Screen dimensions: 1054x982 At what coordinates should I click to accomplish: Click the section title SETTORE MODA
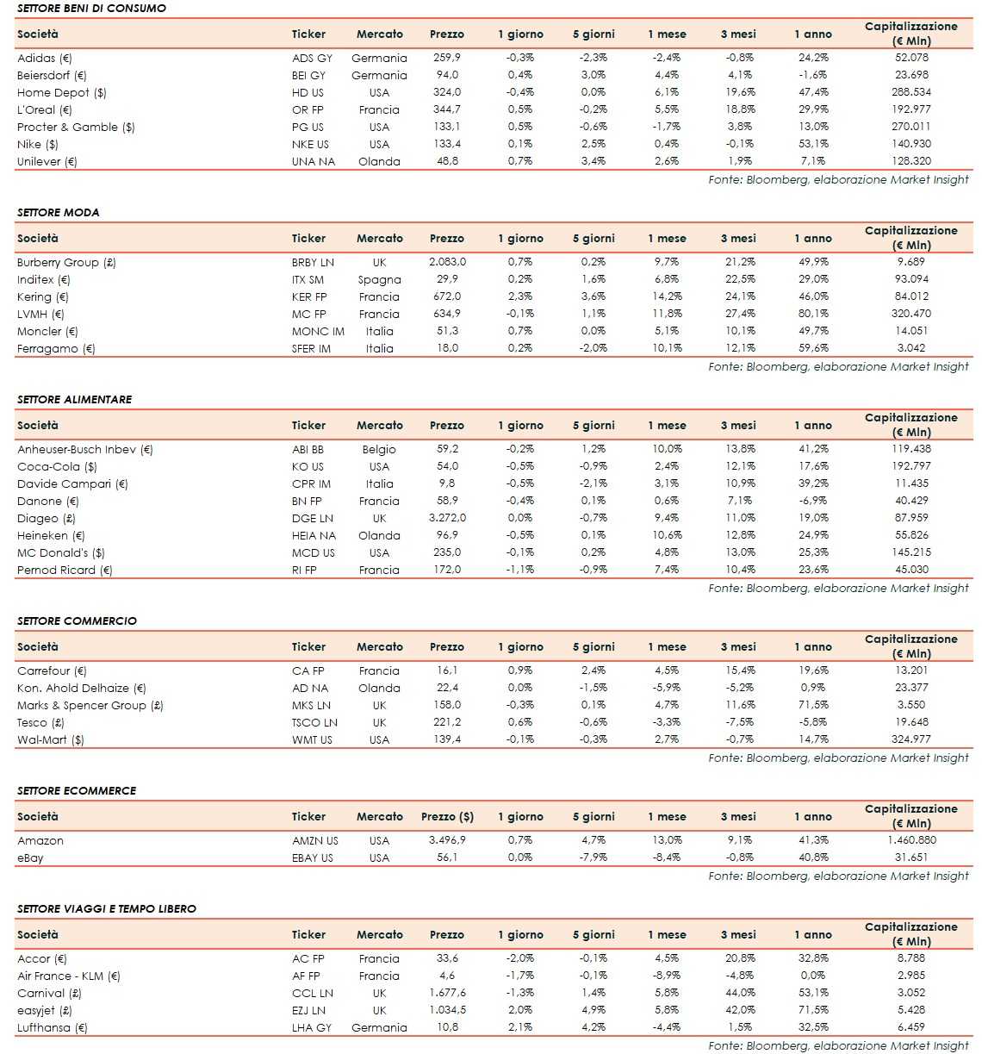58,212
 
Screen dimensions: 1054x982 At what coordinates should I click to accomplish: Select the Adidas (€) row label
45,58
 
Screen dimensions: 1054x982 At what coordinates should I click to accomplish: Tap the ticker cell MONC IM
317,331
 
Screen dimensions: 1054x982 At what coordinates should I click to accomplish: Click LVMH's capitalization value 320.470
911,314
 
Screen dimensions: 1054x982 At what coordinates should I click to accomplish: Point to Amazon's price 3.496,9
447,840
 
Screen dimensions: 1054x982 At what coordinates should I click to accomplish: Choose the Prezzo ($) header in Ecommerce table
447,816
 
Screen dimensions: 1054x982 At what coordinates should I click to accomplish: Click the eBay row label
30,858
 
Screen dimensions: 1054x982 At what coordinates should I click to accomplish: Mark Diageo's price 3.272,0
447,518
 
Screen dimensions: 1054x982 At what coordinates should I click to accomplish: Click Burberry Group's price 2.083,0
447,262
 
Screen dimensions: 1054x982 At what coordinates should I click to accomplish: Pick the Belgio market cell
379,449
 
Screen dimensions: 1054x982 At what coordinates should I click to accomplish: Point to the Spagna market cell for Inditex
379,279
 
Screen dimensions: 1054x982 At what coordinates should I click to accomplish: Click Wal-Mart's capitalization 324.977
911,739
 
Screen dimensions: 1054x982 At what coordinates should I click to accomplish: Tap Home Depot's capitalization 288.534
911,92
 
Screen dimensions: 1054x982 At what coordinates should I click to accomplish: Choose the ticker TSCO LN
314,722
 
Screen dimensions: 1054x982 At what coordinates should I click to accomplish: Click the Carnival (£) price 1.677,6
447,993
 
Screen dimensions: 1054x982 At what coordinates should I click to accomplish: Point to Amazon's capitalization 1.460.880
911,840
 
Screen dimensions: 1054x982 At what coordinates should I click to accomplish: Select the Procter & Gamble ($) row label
76,127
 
